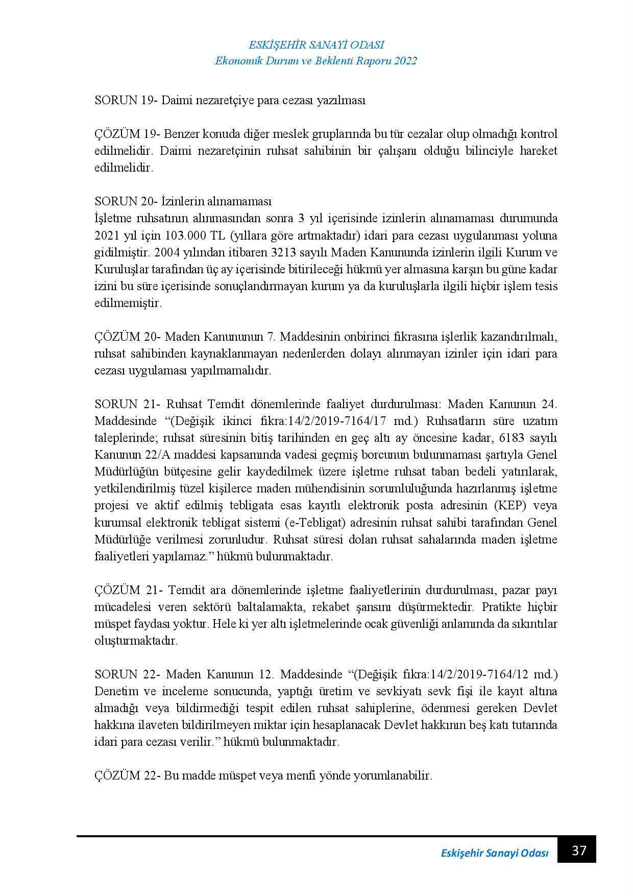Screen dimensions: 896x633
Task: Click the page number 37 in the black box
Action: coord(579,851)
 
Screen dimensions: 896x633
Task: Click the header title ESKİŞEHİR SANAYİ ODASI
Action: coord(316,45)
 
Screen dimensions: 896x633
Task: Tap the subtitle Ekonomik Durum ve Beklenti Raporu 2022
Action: coord(316,61)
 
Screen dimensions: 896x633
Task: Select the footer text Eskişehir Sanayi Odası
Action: coord(494,854)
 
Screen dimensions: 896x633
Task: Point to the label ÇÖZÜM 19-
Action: coord(128,134)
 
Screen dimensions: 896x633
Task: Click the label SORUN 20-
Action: coord(126,201)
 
